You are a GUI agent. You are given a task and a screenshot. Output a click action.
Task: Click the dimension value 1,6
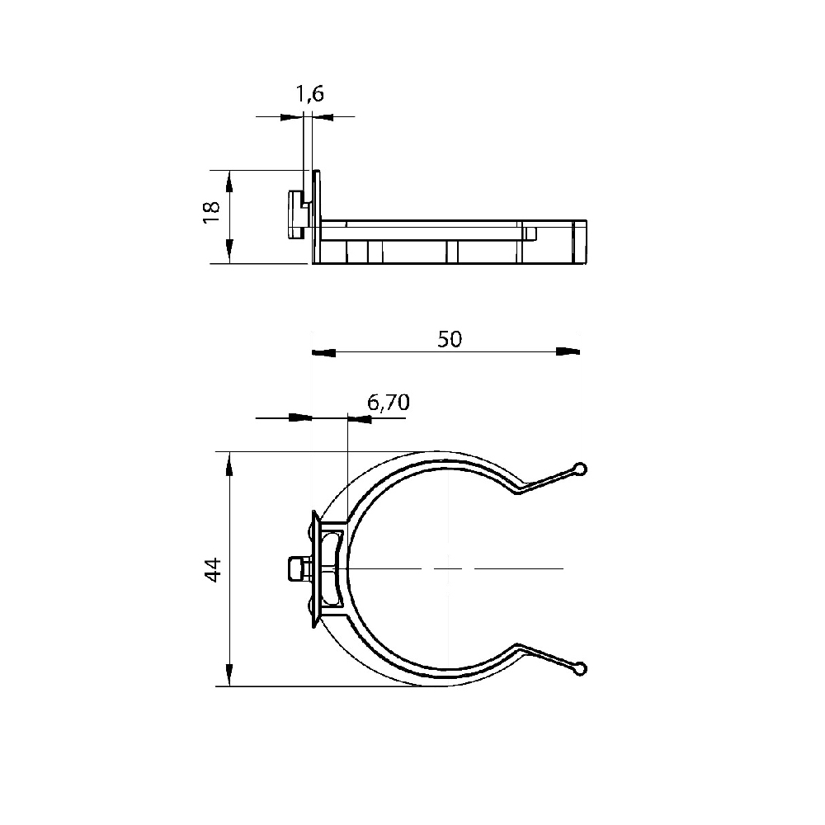(309, 94)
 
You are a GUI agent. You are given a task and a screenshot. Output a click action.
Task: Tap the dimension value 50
(449, 339)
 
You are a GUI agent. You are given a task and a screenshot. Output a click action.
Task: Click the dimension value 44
(213, 570)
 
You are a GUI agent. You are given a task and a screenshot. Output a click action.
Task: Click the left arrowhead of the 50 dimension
(323, 352)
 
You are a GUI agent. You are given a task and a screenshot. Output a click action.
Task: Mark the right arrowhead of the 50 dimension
(568, 352)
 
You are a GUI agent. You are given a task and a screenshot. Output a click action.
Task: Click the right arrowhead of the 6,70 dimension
(361, 419)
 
